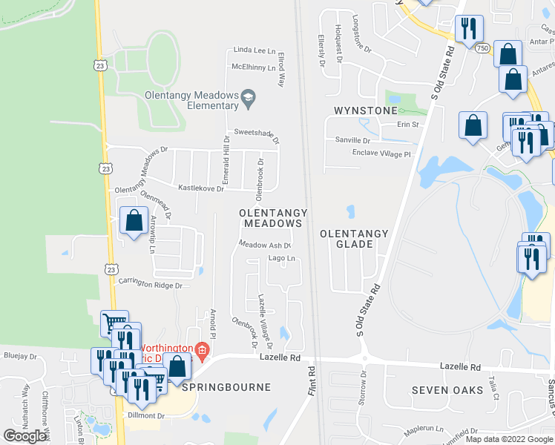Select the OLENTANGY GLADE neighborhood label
click(x=354, y=239)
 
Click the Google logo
click(x=25, y=436)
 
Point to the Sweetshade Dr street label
click(x=257, y=135)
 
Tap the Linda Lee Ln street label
click(x=254, y=50)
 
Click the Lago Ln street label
click(x=282, y=259)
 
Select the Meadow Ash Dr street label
click(x=264, y=244)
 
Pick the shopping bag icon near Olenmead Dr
click(x=134, y=220)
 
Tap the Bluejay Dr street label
click(x=19, y=356)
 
